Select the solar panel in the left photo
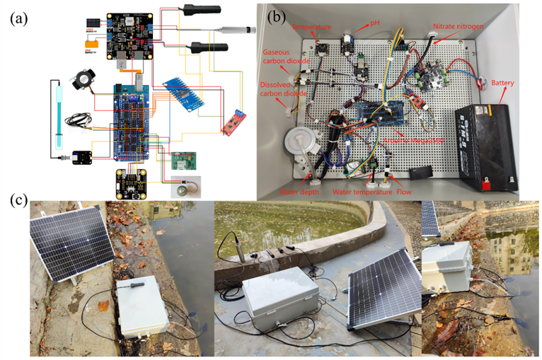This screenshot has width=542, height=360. tap(71, 241)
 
